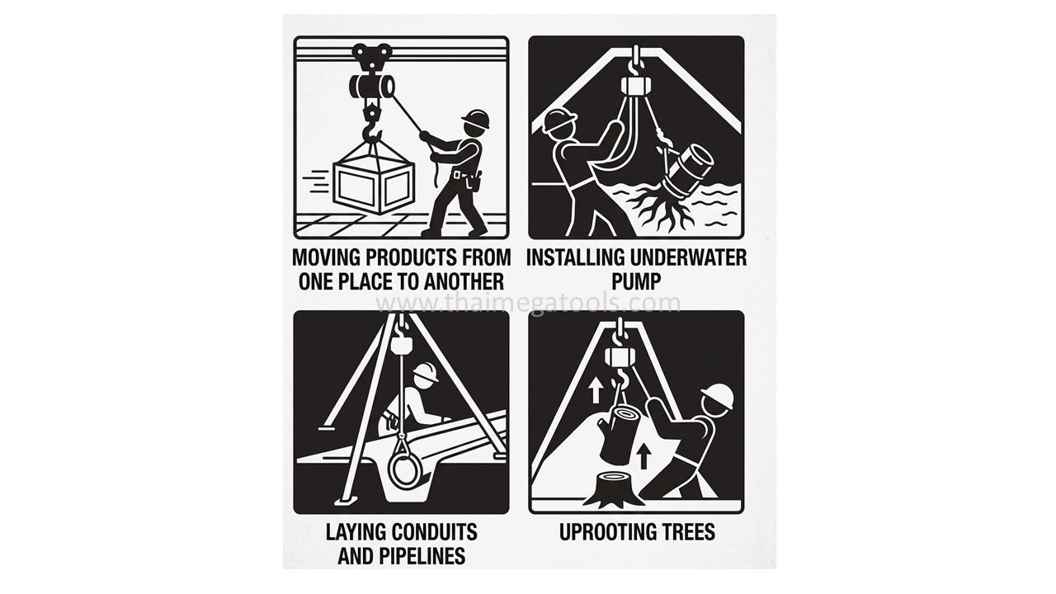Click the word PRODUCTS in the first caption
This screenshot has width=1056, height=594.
pos(405,258)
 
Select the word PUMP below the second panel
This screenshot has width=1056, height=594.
pos(636,281)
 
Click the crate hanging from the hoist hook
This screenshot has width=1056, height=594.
pos(374,184)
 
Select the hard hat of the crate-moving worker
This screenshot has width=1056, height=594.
pos(476,119)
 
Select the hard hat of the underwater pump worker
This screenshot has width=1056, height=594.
pos(559,120)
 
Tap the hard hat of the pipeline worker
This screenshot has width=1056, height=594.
pos(426,372)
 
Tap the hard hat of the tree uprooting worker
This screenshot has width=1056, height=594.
pos(718,396)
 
